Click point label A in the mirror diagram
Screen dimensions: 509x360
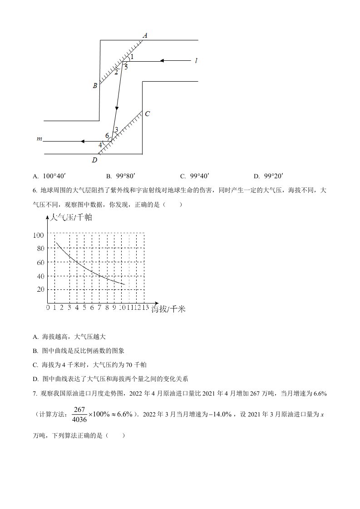click(145, 35)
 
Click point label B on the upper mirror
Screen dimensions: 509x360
click(95, 85)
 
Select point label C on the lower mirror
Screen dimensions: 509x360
click(147, 114)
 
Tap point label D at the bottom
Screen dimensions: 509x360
click(94, 160)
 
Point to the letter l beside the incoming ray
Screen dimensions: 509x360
click(196, 60)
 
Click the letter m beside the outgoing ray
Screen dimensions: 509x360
click(39, 138)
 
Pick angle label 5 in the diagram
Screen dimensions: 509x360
click(126, 67)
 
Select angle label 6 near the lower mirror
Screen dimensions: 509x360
click(107, 136)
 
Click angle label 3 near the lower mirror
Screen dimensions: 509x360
click(116, 130)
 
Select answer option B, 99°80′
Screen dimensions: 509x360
click(125, 176)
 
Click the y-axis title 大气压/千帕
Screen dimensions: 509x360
click(72, 217)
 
